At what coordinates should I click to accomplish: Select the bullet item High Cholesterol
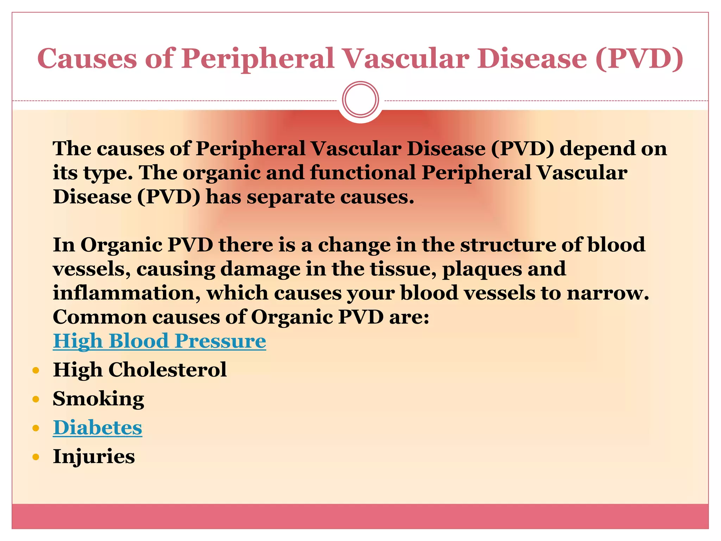[140, 370]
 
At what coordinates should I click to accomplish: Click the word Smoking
[98, 399]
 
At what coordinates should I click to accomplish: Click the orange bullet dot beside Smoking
[36, 399]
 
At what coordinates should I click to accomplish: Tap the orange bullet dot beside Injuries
[36, 457]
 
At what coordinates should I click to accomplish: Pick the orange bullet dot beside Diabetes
[36, 428]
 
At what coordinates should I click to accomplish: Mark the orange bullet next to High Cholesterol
[36, 371]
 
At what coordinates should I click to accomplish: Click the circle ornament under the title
[360, 100]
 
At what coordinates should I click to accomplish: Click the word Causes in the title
[87, 58]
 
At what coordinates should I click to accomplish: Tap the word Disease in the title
[532, 58]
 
